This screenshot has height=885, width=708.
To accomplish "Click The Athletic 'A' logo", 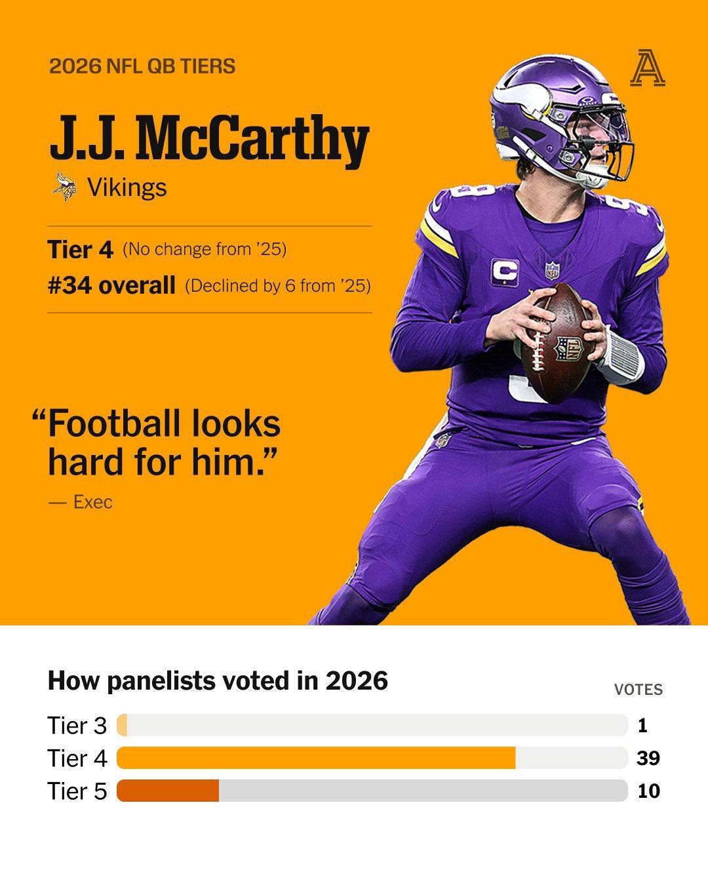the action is click(647, 68).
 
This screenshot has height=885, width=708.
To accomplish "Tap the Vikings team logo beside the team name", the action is click(65, 187).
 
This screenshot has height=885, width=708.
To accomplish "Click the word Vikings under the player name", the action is click(127, 187).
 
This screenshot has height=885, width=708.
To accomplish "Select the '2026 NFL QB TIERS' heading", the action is click(142, 66).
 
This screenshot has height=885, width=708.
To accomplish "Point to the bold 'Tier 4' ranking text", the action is click(80, 249).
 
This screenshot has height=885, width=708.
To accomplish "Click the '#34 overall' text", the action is click(111, 285).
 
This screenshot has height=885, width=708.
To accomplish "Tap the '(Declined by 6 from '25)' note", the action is click(278, 286).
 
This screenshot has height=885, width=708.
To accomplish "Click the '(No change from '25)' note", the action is click(205, 249).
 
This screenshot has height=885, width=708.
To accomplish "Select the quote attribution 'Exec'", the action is click(92, 502).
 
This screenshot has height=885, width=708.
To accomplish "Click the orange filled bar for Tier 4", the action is click(316, 758).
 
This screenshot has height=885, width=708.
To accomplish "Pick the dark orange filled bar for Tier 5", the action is click(168, 791).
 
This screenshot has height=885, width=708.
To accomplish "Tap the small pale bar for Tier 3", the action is click(122, 725).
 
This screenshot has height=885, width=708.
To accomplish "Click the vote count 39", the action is click(648, 758).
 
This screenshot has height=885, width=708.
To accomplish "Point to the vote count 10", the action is click(649, 791).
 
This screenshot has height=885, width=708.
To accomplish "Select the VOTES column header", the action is click(639, 690).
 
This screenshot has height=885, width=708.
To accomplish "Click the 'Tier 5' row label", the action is click(77, 791).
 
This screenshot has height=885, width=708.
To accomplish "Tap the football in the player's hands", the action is click(558, 343).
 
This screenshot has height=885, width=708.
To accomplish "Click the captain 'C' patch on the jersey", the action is click(505, 272).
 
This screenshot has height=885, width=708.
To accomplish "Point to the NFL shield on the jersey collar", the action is click(552, 270).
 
